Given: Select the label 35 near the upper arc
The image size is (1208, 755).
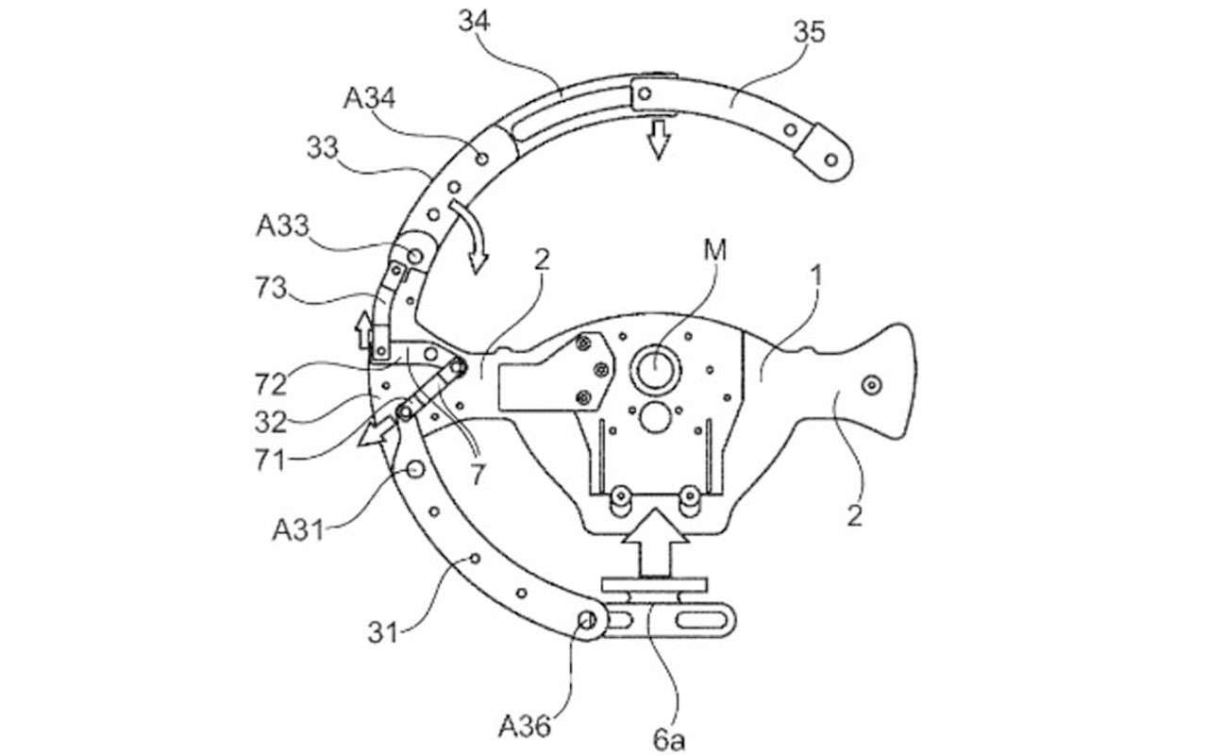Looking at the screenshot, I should (809, 32).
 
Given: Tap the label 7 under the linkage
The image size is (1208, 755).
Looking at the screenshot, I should (478, 477).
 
